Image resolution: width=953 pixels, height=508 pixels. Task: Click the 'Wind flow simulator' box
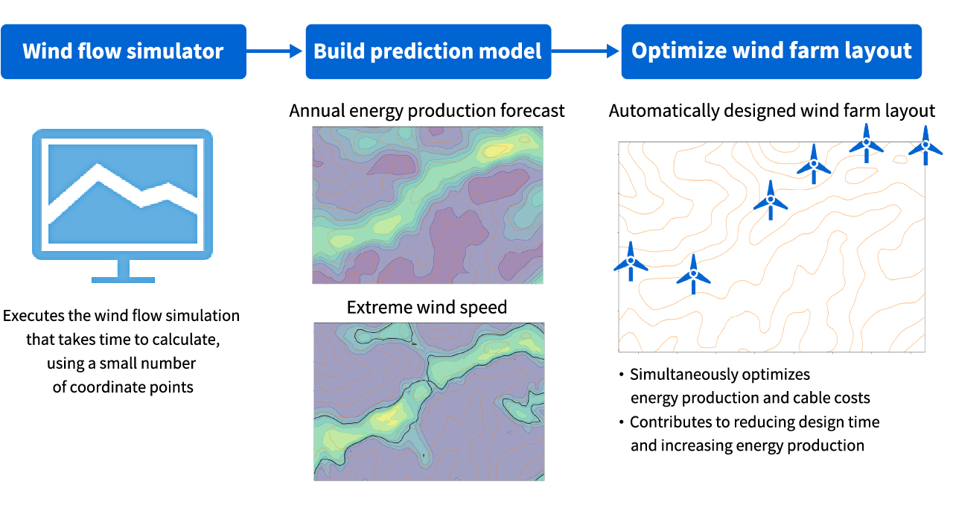point(123,51)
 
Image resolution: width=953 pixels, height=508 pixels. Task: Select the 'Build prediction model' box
point(428,51)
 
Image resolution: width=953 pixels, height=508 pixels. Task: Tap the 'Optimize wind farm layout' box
point(771,51)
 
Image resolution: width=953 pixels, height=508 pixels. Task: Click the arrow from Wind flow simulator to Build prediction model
point(275,51)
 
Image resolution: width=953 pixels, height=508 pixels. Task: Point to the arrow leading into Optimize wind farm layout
point(586,51)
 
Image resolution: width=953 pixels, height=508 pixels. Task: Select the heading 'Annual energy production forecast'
point(427,111)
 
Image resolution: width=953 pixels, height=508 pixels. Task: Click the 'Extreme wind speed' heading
point(427,307)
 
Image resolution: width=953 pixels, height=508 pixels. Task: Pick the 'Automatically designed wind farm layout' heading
point(771,111)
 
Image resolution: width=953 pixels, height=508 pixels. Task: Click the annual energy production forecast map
point(427,205)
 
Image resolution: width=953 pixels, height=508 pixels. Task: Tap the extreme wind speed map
point(428,401)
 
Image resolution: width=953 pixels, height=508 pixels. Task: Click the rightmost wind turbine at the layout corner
point(925,145)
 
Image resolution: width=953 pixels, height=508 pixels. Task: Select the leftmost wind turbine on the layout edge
point(630,261)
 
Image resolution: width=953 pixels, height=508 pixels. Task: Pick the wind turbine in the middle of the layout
point(770,200)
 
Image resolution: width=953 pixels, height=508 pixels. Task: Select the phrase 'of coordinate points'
point(123,387)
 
